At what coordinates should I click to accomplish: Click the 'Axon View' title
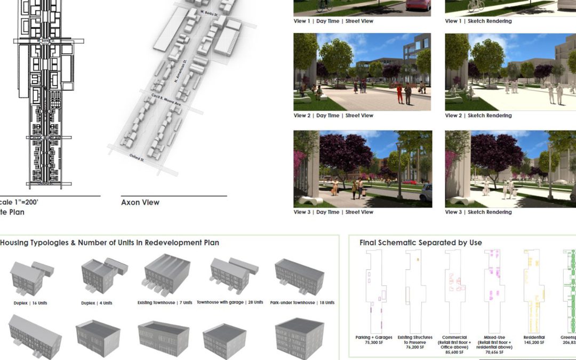[x=140, y=203]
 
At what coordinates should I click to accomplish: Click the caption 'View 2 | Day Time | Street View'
[x=333, y=116]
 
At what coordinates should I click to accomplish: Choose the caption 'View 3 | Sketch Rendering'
[x=478, y=212]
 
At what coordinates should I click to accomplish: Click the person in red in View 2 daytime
[x=399, y=93]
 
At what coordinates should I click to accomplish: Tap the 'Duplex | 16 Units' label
[x=30, y=303]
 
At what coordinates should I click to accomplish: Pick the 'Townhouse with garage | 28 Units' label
[x=230, y=302]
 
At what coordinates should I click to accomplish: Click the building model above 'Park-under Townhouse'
[x=300, y=276]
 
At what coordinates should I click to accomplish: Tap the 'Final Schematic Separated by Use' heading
[x=420, y=243]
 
